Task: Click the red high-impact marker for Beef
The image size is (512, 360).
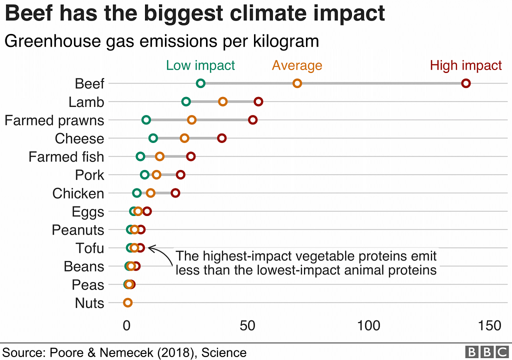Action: pos(466,83)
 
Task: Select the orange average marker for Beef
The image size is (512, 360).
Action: pos(297,83)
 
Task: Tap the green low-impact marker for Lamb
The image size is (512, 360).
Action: pos(186,102)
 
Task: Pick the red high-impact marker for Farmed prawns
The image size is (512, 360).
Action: pos(253,120)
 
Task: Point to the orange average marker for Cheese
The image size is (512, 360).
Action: pos(184,138)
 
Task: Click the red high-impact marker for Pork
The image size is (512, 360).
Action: pos(180,175)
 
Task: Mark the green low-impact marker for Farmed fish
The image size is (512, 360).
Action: pos(140,156)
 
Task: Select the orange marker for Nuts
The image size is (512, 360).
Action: pos(127,302)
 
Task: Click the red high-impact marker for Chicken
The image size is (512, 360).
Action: pos(175,193)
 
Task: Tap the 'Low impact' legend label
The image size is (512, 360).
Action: pos(200,65)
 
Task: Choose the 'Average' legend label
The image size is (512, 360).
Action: pos(297,65)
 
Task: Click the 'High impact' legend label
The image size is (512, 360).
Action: pos(466,65)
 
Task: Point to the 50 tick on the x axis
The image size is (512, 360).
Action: pos(248,326)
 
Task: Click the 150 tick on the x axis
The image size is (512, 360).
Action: pos(488,326)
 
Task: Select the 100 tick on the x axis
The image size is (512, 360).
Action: pos(368,326)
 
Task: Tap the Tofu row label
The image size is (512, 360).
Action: pos(90,248)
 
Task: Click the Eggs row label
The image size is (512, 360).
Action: pos(88,212)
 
